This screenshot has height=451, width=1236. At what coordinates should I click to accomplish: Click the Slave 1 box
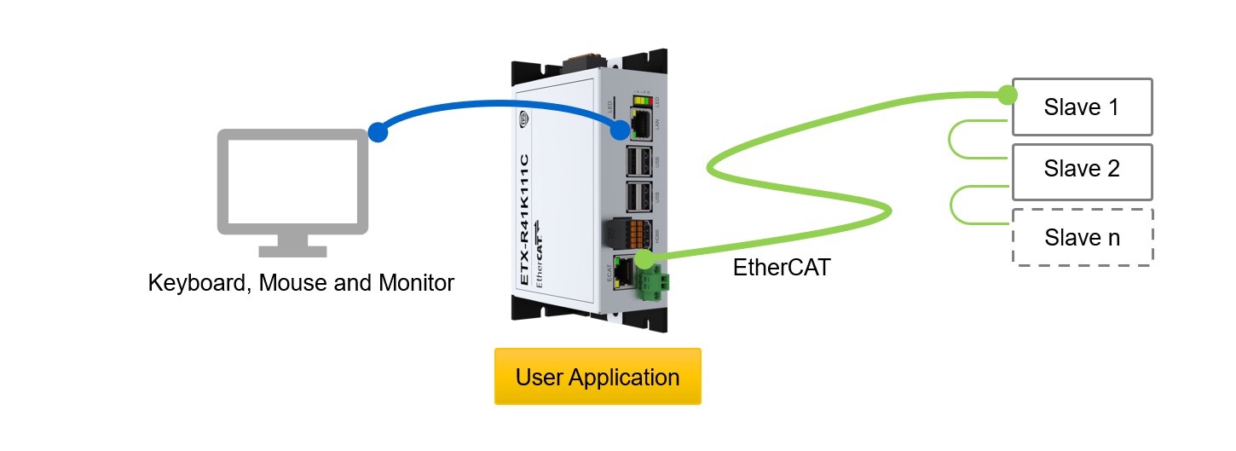(1081, 107)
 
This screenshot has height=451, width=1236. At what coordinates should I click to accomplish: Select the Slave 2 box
(1081, 169)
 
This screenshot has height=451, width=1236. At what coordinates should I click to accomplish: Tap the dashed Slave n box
(1081, 237)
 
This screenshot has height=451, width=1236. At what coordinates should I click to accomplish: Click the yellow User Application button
(598, 377)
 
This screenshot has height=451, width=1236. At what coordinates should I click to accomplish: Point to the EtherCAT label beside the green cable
(782, 267)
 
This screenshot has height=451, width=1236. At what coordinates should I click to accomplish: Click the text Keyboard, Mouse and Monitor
(301, 282)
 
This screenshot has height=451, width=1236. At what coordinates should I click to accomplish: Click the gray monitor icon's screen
(292, 182)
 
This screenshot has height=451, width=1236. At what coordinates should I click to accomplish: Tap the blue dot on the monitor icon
(378, 132)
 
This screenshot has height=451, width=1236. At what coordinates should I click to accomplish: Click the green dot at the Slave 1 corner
(1008, 95)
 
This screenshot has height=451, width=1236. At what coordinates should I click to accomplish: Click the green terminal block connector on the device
(652, 283)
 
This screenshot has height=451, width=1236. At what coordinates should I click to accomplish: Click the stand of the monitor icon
(292, 246)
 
